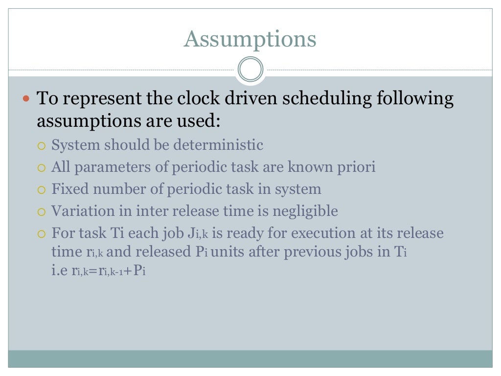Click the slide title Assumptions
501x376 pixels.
pyautogui.click(x=250, y=39)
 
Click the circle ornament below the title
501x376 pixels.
pyautogui.click(x=250, y=70)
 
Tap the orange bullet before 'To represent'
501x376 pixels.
pyautogui.click(x=27, y=98)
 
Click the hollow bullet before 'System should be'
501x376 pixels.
pyautogui.click(x=42, y=146)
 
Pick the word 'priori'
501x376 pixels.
pyautogui.click(x=356, y=167)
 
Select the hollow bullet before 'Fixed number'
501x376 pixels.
pyautogui.click(x=42, y=190)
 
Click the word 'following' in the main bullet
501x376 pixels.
pyautogui.click(x=415, y=99)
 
